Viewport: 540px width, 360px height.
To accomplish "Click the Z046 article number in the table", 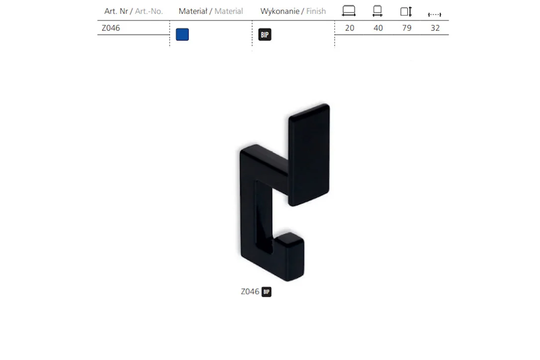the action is click(x=110, y=28).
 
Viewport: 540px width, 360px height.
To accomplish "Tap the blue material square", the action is click(x=182, y=34).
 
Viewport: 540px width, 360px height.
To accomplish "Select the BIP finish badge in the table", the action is click(x=265, y=34).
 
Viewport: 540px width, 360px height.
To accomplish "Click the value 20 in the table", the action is click(x=350, y=28).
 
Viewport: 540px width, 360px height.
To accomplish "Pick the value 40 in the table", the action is click(x=378, y=28).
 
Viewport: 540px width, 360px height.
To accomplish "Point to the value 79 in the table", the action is click(x=407, y=28).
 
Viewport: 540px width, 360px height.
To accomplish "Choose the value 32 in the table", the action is click(x=435, y=28).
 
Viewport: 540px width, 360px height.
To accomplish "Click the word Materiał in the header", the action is click(x=193, y=11).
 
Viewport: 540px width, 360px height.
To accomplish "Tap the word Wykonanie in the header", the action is click(x=279, y=11).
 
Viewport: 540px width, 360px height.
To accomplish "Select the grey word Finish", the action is click(x=316, y=11).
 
